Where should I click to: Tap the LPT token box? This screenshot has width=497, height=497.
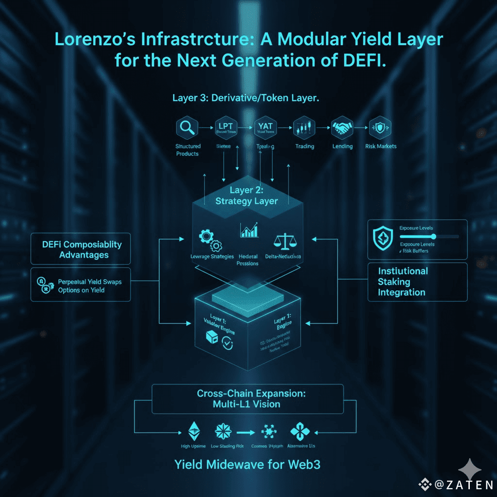pyautogui.click(x=224, y=128)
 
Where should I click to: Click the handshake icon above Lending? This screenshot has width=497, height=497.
pyautogui.click(x=342, y=128)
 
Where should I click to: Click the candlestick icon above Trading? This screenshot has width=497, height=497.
pyautogui.click(x=304, y=128)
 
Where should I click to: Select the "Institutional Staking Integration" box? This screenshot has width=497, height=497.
pyautogui.click(x=417, y=282)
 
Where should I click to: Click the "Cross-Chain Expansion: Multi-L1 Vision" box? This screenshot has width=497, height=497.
pyautogui.click(x=248, y=398)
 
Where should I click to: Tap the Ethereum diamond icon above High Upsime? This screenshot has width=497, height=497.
pyautogui.click(x=194, y=431)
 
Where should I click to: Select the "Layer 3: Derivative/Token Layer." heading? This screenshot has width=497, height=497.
pyautogui.click(x=246, y=98)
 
